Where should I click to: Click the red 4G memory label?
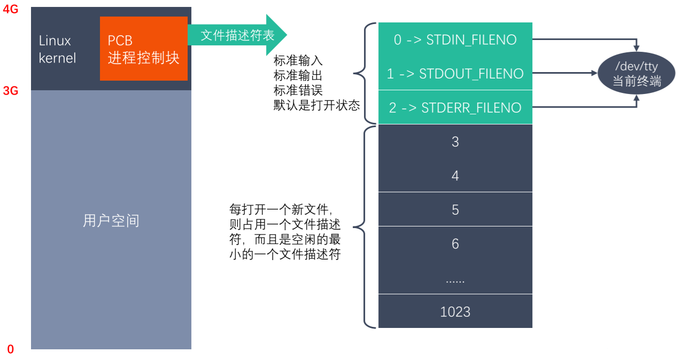click(x=11, y=9)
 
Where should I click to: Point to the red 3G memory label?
click(x=11, y=91)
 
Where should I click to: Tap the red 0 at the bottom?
click(x=11, y=349)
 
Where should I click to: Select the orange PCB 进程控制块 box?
click(x=143, y=49)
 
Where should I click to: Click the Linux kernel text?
click(x=57, y=49)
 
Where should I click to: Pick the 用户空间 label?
click(x=111, y=221)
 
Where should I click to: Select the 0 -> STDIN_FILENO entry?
click(x=455, y=40)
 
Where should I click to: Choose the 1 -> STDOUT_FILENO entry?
click(x=455, y=73)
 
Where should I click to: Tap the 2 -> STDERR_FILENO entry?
click(x=455, y=107)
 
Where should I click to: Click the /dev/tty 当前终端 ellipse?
click(x=636, y=74)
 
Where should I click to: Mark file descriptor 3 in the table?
click(x=455, y=142)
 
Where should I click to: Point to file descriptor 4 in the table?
click(x=455, y=176)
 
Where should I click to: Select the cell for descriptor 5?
click(x=455, y=209)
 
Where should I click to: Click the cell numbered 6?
click(x=455, y=244)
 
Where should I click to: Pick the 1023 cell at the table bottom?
click(x=455, y=311)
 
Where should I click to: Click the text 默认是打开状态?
click(x=316, y=105)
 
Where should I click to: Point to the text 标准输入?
click(x=298, y=60)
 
